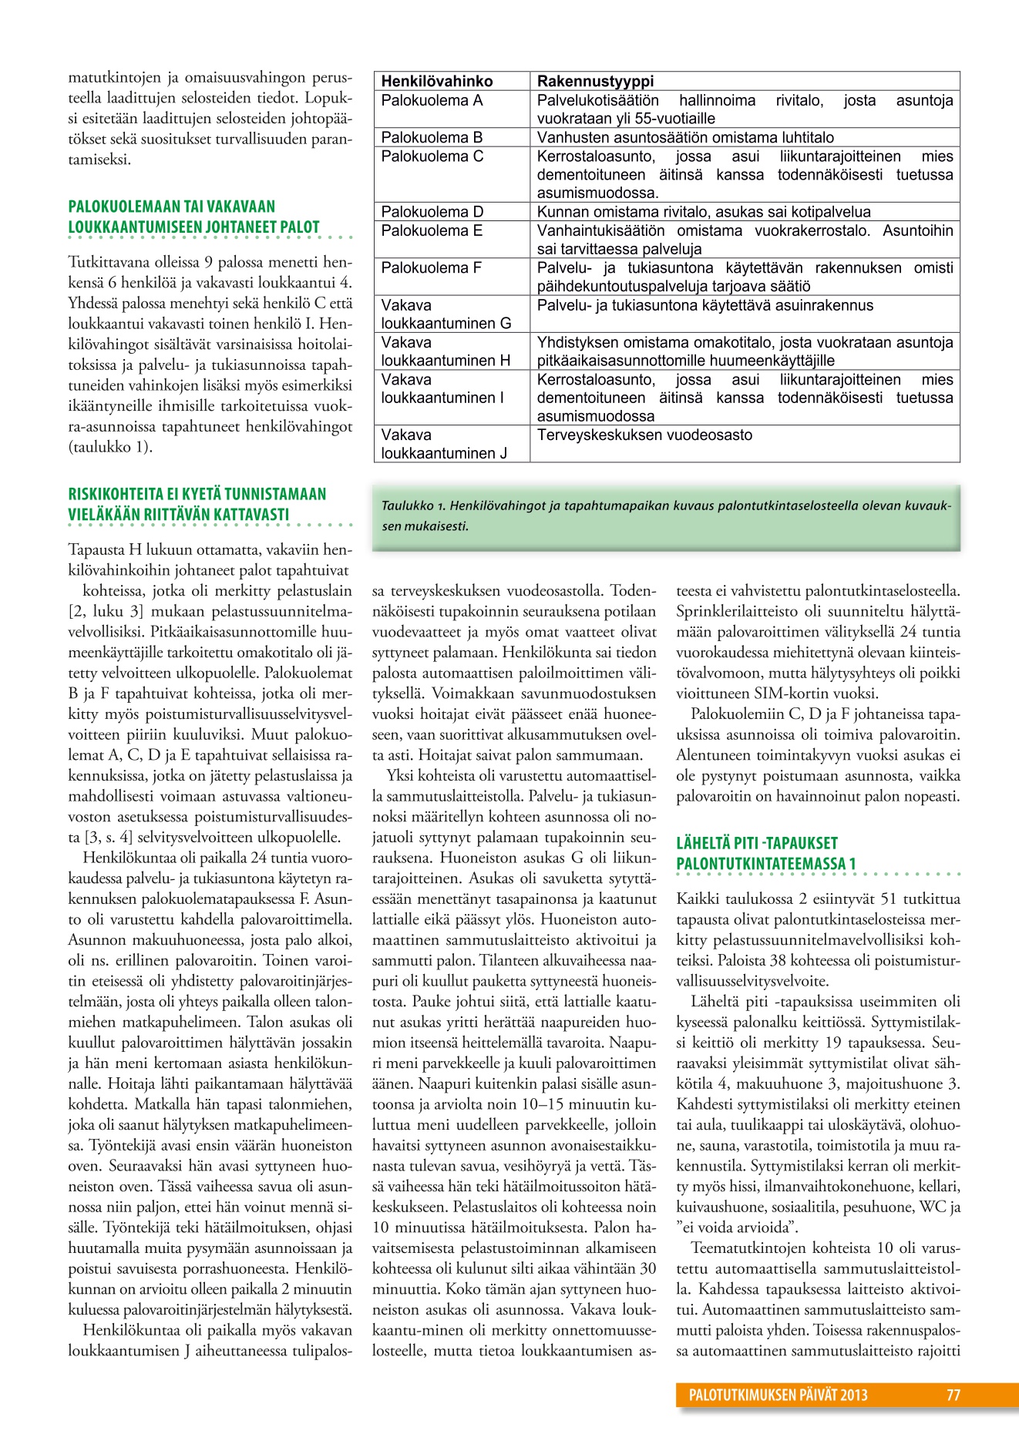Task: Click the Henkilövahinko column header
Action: pyautogui.click(x=437, y=81)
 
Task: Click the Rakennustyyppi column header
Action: pyautogui.click(x=595, y=81)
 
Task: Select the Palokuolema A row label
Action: pyautogui.click(x=432, y=100)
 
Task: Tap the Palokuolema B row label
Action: pyautogui.click(x=432, y=137)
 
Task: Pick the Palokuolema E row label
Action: pyautogui.click(x=432, y=230)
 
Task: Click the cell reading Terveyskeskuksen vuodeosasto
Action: pyautogui.click(x=644, y=435)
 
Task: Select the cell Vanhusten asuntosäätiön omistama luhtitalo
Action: pyautogui.click(x=685, y=137)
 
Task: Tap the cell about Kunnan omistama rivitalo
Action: pyautogui.click(x=704, y=212)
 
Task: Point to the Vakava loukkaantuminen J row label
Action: pyautogui.click(x=445, y=444)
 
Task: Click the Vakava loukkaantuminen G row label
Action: pyautogui.click(x=446, y=314)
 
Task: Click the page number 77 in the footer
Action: pyautogui.click(x=953, y=1395)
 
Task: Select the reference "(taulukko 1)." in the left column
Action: pyautogui.click(x=110, y=447)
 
